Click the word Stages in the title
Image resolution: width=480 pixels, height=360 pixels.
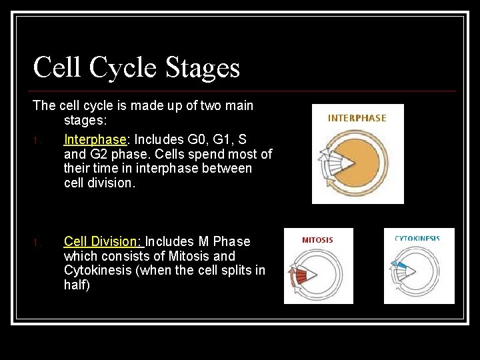(x=203, y=68)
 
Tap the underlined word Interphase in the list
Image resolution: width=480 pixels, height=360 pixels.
(x=95, y=139)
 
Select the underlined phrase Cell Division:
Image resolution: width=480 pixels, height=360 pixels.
(x=103, y=241)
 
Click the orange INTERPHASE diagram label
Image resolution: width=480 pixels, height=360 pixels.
(x=357, y=118)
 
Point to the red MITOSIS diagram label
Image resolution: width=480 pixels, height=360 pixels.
(x=317, y=240)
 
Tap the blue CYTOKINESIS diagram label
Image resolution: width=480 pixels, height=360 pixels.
(x=417, y=239)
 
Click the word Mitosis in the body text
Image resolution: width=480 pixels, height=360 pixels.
(x=189, y=256)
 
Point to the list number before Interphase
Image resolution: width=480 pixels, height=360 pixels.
(x=39, y=141)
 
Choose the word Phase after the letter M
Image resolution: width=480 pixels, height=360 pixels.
(x=231, y=241)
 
